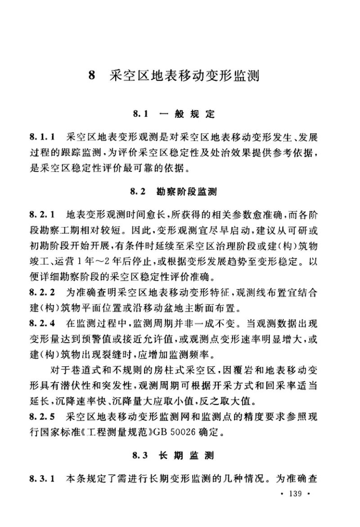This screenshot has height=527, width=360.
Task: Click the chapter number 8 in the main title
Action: pyautogui.click(x=93, y=75)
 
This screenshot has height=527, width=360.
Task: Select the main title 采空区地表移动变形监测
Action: pyautogui.click(x=185, y=75)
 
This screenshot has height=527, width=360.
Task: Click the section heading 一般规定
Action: pyautogui.click(x=187, y=114)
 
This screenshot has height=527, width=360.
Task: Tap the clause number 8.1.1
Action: pyautogui.click(x=42, y=135)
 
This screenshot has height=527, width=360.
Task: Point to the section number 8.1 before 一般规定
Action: pyautogui.click(x=140, y=114)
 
